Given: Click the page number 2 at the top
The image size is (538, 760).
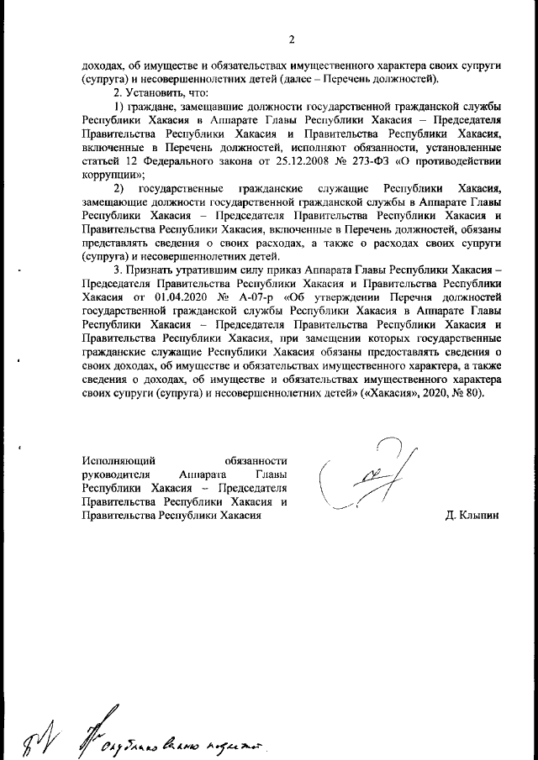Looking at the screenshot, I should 291,39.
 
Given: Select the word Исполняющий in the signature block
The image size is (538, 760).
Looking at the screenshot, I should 117,460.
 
